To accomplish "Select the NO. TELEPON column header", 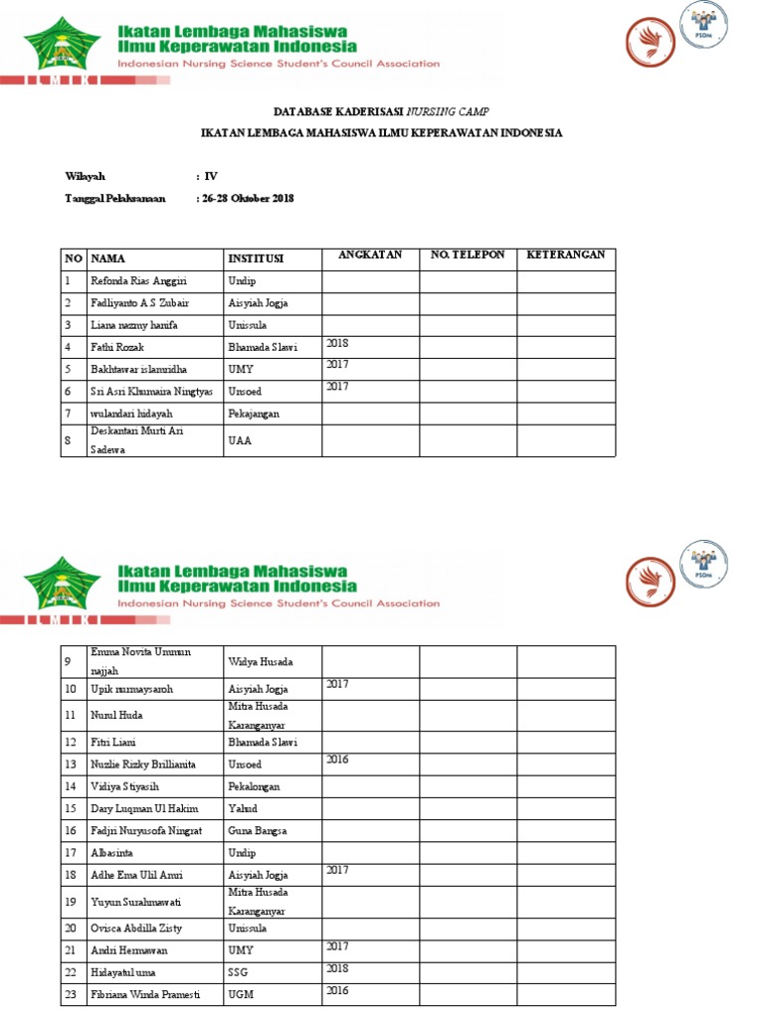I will (x=467, y=255).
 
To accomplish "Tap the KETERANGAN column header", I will (x=565, y=255).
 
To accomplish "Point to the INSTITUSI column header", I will (x=256, y=258).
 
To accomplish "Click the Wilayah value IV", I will (x=211, y=176).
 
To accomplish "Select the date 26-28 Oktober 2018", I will (x=248, y=199).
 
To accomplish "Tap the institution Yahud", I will (x=243, y=808).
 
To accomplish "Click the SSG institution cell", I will (x=238, y=971).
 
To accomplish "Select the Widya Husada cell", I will (x=261, y=661).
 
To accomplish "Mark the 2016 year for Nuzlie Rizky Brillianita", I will (x=338, y=760).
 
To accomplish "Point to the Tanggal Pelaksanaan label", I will (x=115, y=199).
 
